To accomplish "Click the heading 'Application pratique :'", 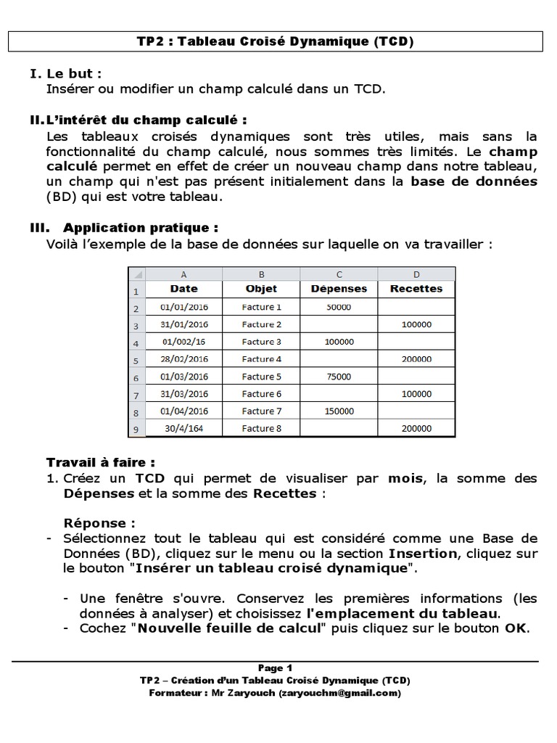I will coord(141,227).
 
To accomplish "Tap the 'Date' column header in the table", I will coord(183,288).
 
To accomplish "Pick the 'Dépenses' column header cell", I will coord(339,288).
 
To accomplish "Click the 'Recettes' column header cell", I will coord(416,288).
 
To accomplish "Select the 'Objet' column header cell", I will coord(261,288).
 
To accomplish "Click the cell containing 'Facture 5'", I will coord(261,377).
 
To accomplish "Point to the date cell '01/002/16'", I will coord(183,342).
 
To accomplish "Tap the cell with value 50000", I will coord(339,307).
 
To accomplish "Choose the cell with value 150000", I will coord(339,411).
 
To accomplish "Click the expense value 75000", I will coord(339,377).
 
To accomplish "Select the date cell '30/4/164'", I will coord(183,429).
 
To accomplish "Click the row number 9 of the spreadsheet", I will coord(136,430).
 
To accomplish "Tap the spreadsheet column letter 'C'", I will coord(339,274).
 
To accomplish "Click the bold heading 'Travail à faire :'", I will coord(101,462).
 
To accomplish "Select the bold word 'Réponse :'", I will coord(99,523).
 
